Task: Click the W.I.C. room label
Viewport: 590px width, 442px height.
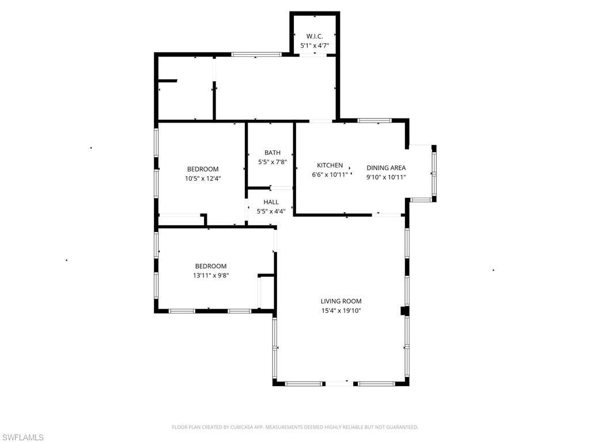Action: coord(315,36)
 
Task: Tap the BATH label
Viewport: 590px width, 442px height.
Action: coord(273,153)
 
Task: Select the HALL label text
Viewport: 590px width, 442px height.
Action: coord(271,202)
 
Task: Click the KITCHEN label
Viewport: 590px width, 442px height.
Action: coord(330,165)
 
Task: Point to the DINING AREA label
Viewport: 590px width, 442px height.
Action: coord(386,168)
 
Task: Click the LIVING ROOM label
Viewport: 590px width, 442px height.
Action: coord(341,301)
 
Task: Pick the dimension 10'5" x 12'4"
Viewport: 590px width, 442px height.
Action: coord(203,178)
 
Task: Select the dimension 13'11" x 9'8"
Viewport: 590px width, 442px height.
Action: coord(211,276)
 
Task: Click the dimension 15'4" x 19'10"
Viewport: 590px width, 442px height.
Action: coord(341,311)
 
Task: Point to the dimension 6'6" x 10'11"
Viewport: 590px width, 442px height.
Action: coord(330,174)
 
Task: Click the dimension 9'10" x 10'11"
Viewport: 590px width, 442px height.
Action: coord(386,177)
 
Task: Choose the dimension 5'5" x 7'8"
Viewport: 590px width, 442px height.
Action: coord(273,162)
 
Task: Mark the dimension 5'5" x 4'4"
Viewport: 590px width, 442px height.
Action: coord(271,211)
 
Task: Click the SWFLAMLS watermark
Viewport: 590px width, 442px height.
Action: coord(22,437)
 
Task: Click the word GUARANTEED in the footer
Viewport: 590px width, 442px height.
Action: coord(402,427)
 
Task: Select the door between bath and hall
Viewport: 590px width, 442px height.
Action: coord(282,188)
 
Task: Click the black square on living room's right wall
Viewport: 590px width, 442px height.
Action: coord(404,311)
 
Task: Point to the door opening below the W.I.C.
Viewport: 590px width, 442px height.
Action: coord(315,55)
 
